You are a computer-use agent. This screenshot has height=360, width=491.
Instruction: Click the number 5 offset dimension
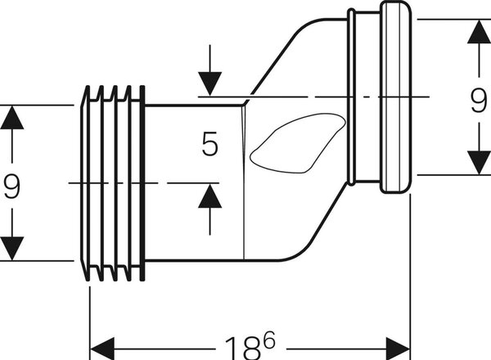tap(209, 144)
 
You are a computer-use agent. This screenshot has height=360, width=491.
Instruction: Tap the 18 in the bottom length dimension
tap(243, 348)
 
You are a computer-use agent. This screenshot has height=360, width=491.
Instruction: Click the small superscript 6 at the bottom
tap(269, 340)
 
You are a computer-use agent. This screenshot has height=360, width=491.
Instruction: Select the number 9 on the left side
tap(12, 187)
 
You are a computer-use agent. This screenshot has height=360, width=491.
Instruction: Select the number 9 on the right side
tap(479, 101)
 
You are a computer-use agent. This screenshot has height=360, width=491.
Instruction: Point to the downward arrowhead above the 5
tap(209, 83)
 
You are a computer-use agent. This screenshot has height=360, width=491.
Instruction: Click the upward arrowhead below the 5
tap(209, 196)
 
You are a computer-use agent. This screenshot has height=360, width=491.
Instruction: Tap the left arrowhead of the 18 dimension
tap(102, 349)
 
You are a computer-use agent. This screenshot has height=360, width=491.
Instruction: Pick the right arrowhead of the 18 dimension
tap(398, 349)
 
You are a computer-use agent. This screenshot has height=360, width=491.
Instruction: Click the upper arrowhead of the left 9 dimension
tap(12, 117)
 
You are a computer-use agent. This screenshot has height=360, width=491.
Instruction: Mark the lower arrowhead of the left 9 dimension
tap(12, 249)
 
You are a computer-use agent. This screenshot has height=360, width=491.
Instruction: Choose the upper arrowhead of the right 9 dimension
tap(479, 32)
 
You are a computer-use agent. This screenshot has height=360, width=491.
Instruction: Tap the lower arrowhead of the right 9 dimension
tap(479, 163)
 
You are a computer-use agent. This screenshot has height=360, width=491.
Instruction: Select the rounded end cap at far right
tap(395, 97)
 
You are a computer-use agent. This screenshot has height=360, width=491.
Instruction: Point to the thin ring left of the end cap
tap(352, 97)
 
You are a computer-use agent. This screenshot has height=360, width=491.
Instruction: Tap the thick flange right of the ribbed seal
tap(142, 183)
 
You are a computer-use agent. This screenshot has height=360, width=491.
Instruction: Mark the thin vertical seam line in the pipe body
tap(244, 182)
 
